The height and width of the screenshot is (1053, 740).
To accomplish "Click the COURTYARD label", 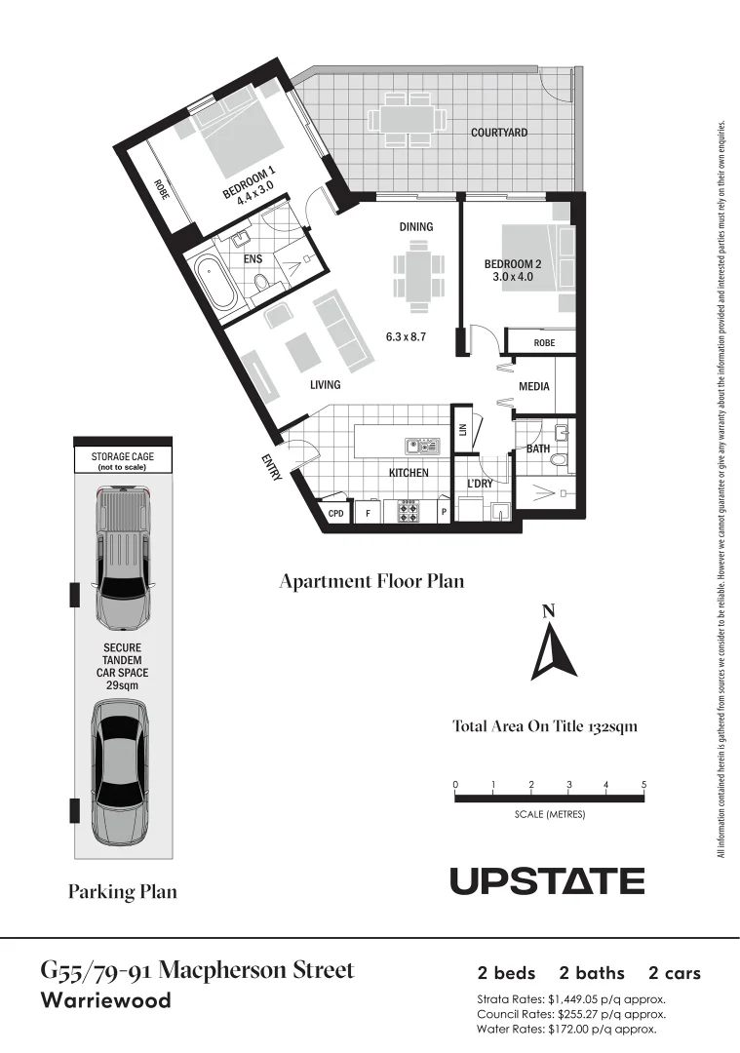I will pyautogui.click(x=499, y=132).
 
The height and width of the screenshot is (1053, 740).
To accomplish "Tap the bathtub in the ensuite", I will pyautogui.click(x=213, y=284).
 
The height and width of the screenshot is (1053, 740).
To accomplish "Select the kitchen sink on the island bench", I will pyautogui.click(x=424, y=446).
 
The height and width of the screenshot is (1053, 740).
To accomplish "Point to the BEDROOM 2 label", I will pyautogui.click(x=512, y=270).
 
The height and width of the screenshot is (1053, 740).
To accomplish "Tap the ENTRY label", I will pyautogui.click(x=271, y=467).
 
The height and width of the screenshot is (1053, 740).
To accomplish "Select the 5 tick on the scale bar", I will pyautogui.click(x=643, y=784).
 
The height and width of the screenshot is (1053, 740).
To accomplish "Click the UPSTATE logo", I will pyautogui.click(x=547, y=881).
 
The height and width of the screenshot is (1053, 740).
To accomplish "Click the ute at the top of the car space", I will pyautogui.click(x=123, y=560).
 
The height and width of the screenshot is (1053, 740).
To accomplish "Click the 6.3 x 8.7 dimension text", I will pyautogui.click(x=407, y=336).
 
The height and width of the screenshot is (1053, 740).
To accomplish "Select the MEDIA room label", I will pyautogui.click(x=533, y=386).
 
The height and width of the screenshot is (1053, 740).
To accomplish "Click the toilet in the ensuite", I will pyautogui.click(x=260, y=284).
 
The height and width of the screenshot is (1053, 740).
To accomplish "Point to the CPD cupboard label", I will pyautogui.click(x=335, y=512).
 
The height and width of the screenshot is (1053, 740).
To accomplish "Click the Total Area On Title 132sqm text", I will pyautogui.click(x=545, y=726).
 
